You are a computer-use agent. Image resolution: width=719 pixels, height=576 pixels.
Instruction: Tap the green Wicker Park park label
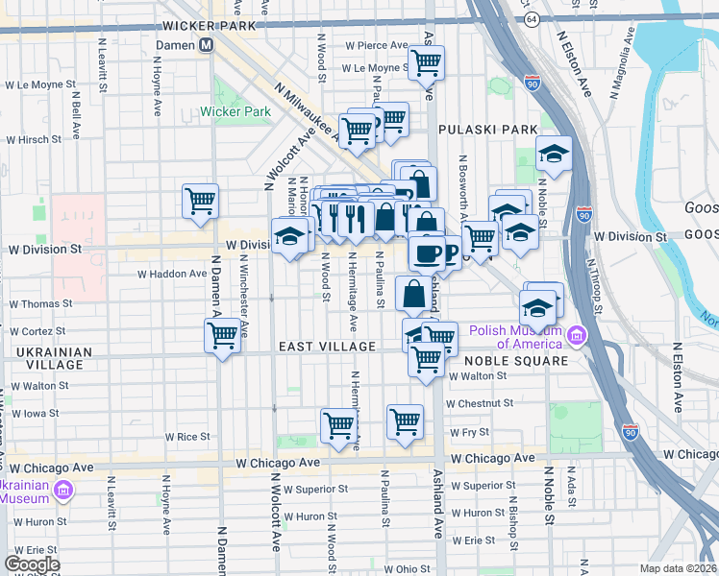pyautogui.click(x=236, y=111)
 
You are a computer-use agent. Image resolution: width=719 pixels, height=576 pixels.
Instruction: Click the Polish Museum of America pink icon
pyautogui.click(x=576, y=336)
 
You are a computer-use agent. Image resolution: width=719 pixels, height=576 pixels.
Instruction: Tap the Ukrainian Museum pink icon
pyautogui.click(x=63, y=492)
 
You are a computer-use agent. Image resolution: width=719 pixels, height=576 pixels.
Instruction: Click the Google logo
pyautogui.click(x=32, y=564)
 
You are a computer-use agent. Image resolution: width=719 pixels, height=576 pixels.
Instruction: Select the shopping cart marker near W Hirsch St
pyautogui.click(x=200, y=202)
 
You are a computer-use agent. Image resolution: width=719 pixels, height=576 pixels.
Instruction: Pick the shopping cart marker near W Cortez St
pyautogui.click(x=222, y=336)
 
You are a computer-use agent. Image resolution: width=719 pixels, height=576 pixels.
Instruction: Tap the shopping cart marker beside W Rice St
pyautogui.click(x=338, y=423)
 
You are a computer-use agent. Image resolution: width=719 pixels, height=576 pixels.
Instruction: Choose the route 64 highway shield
pyautogui.click(x=531, y=19)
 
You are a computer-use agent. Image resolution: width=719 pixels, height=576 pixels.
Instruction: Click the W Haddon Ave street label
pyautogui.click(x=172, y=274)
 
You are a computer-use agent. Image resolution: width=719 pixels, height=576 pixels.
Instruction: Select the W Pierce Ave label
pyautogui.click(x=379, y=45)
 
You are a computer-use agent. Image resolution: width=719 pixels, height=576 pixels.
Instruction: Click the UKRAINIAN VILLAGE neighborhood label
pyautogui.click(x=55, y=358)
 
